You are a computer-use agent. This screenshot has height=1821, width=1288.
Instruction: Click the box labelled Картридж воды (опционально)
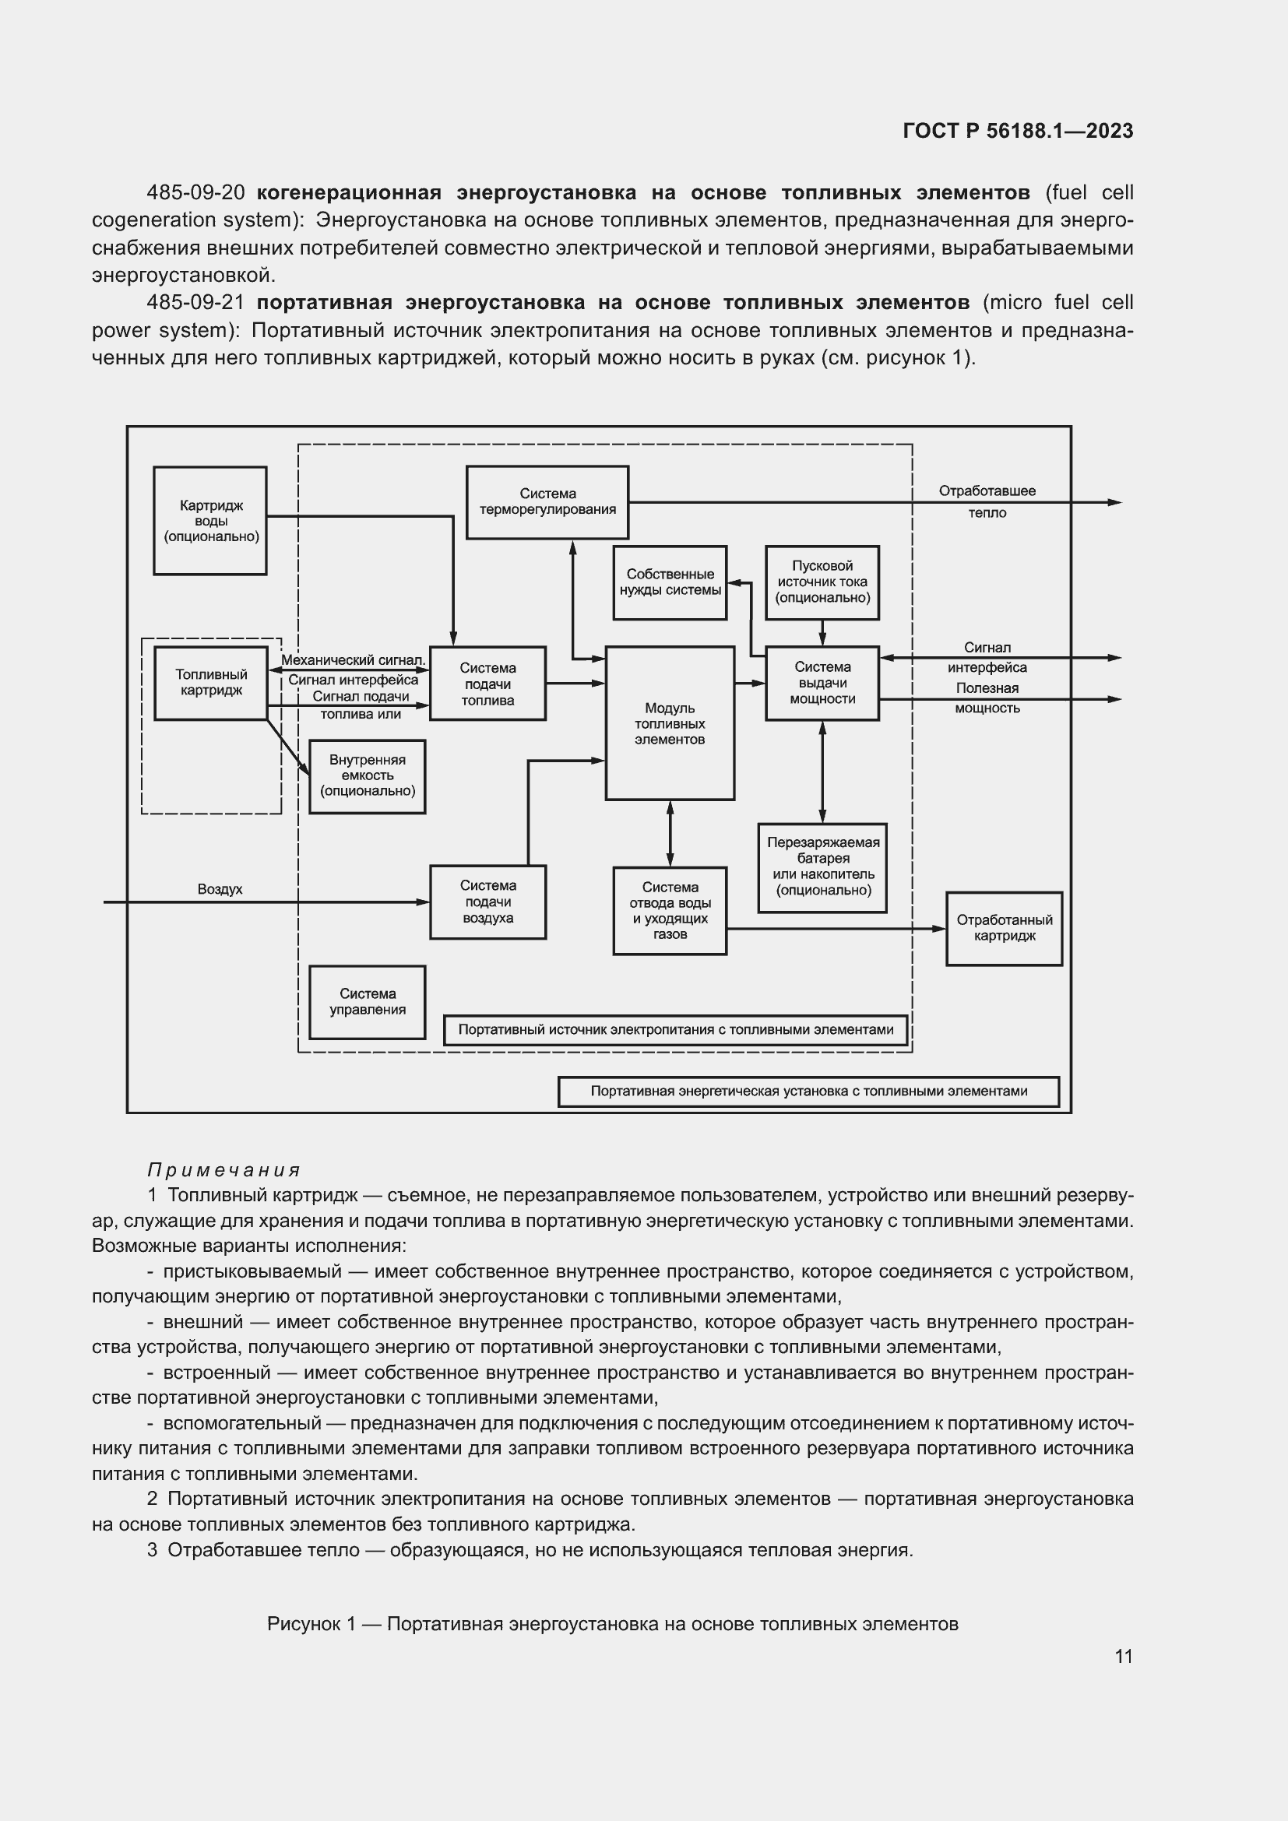[210, 520]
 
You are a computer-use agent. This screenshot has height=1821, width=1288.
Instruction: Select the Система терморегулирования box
[547, 502]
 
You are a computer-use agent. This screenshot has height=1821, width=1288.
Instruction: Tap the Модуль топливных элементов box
[670, 723]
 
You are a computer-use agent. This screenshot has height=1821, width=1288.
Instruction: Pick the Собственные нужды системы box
[670, 582]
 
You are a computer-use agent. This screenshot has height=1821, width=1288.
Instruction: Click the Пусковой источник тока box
[822, 582]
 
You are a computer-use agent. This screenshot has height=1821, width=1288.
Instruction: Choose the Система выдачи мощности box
[822, 683]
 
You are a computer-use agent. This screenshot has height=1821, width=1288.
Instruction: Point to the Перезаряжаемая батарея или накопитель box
[822, 867]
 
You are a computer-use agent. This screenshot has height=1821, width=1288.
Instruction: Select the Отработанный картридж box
[1004, 928]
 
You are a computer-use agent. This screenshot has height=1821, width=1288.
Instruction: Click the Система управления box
[368, 1002]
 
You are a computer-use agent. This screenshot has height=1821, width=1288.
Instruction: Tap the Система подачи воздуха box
[487, 902]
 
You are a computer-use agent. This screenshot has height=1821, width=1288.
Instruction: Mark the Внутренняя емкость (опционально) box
[368, 775]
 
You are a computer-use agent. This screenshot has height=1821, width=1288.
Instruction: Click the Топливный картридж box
[211, 683]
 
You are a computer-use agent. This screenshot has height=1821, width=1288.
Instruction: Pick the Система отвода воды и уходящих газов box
[670, 911]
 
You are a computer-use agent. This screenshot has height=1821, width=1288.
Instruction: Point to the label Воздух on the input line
[220, 890]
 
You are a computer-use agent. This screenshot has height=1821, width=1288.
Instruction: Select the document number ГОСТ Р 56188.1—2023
[1018, 131]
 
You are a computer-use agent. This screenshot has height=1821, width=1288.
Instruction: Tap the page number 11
[1123, 1657]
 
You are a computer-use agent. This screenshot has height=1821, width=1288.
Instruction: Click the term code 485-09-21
[195, 302]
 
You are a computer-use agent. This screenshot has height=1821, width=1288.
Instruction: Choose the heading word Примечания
[224, 1170]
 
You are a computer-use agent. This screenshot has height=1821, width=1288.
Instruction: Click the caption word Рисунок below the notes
[304, 1602]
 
